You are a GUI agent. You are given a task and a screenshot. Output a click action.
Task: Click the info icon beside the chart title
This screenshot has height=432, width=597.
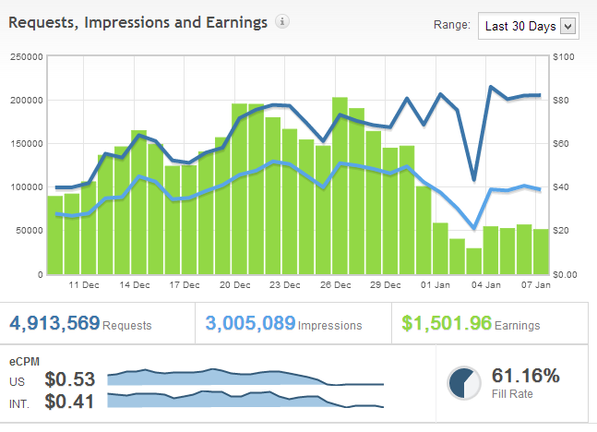[x=282, y=22]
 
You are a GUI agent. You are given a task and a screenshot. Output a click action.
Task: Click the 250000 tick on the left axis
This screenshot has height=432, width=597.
[x=26, y=56]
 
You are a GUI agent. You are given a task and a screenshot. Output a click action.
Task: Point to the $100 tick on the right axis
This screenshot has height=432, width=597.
[x=564, y=56]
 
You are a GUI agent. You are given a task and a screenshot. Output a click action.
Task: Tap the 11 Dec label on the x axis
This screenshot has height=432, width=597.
[x=84, y=285]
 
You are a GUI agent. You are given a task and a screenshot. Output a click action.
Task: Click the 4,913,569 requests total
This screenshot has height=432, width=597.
[x=55, y=324]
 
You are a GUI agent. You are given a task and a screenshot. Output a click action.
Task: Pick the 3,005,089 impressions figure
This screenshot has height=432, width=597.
[x=250, y=324]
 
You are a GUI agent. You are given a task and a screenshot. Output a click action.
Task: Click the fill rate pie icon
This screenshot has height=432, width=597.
[x=463, y=383]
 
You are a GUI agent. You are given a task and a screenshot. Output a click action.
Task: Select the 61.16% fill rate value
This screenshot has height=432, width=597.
[x=526, y=376]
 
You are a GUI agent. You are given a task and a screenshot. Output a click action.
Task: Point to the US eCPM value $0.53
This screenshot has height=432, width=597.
[x=70, y=379]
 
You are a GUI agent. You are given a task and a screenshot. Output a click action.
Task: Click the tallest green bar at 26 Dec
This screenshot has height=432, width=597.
[x=340, y=185]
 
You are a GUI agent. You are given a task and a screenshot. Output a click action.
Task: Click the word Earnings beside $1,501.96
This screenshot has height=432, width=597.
[x=519, y=326]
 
